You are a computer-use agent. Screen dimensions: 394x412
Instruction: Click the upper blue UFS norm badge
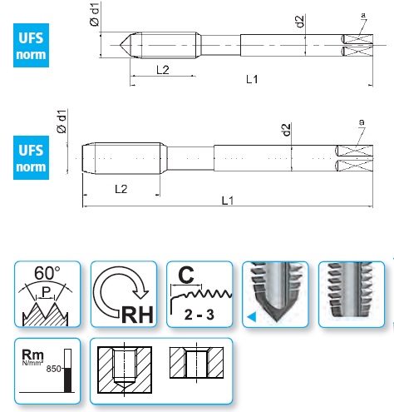tap(31, 45)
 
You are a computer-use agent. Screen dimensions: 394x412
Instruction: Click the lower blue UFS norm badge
tap(31, 157)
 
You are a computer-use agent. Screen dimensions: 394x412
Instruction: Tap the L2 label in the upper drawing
tap(163, 70)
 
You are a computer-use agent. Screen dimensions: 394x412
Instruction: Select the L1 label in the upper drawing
tap(252, 79)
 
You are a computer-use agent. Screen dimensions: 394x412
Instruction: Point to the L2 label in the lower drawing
tap(121, 189)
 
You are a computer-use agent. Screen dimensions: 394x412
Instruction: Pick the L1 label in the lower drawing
tap(228, 201)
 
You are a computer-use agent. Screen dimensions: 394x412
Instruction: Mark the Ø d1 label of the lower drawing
tap(62, 122)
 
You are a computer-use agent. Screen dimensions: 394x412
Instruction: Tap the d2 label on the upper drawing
tap(300, 22)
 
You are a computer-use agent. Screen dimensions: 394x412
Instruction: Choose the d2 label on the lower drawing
tap(287, 130)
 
